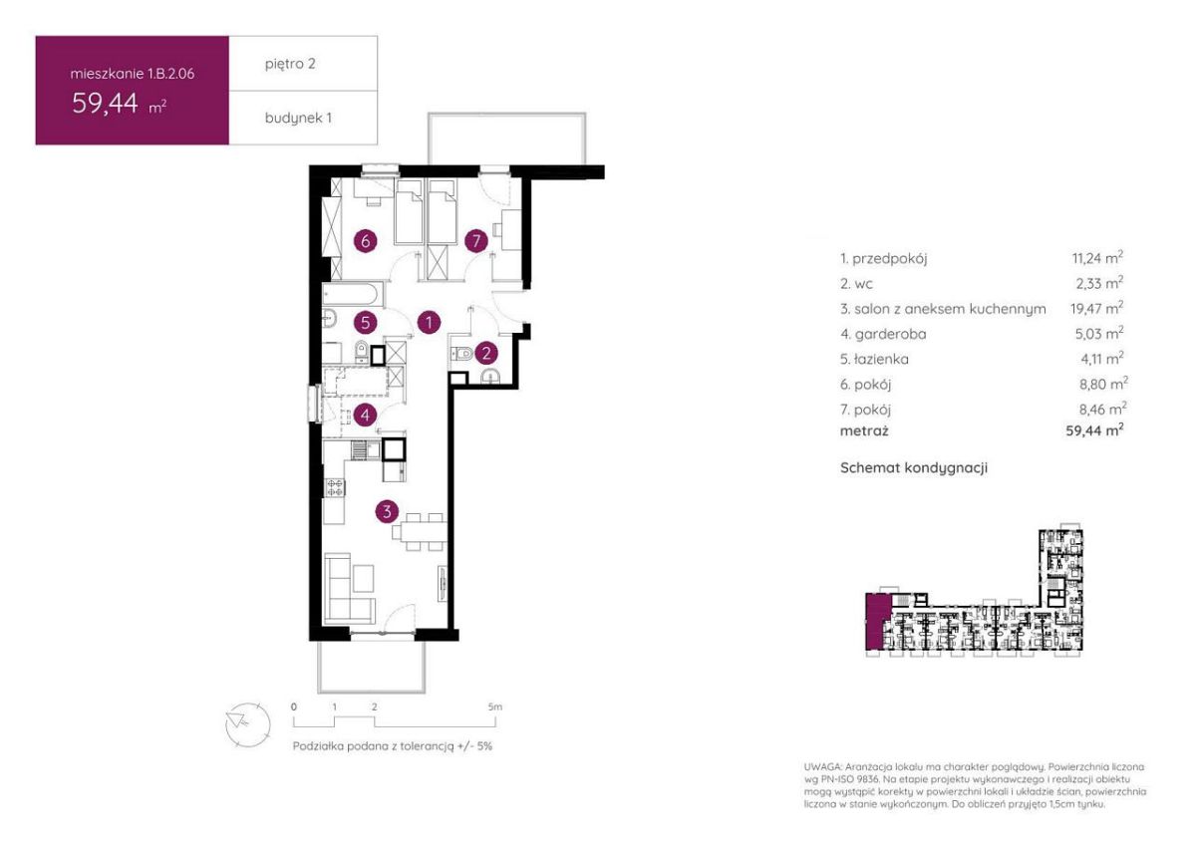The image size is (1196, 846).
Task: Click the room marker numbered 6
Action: tap(365, 241)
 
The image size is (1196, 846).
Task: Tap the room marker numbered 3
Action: tap(387, 511)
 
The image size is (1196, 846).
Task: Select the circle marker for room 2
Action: tap(486, 353)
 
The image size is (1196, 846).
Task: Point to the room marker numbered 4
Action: tap(365, 415)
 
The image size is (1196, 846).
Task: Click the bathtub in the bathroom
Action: tap(353, 295)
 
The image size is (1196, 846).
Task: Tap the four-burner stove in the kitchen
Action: tap(335, 487)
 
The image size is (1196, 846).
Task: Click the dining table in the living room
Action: tap(420, 532)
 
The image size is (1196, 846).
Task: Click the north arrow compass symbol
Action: tap(248, 724)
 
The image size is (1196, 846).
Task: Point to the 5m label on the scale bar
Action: tap(495, 706)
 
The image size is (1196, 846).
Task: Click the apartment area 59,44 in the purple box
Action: tap(106, 103)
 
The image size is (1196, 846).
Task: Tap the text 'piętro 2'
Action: tap(290, 64)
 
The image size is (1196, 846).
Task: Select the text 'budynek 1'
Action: tap(298, 118)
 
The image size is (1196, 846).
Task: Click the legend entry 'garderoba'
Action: tap(883, 334)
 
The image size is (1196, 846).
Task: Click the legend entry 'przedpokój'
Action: tap(884, 259)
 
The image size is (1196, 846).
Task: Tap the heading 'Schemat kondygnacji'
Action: tap(914, 467)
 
